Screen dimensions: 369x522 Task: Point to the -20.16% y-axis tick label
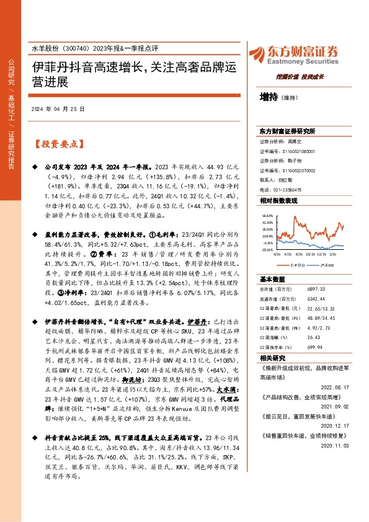[x=267, y=251]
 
